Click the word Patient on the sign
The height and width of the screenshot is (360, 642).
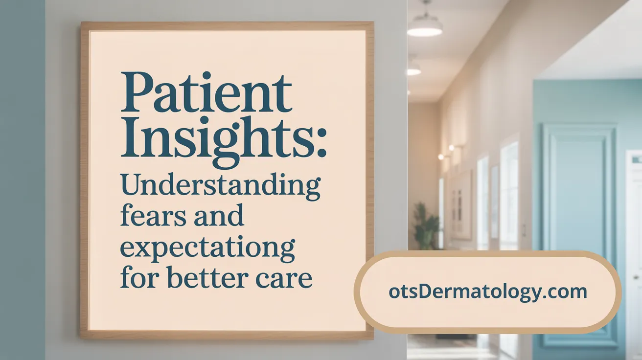point(206,93)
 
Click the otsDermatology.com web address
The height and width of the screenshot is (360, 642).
point(488,292)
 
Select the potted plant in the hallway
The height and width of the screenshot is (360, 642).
point(426,225)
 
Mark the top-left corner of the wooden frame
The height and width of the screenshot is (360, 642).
point(82,23)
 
